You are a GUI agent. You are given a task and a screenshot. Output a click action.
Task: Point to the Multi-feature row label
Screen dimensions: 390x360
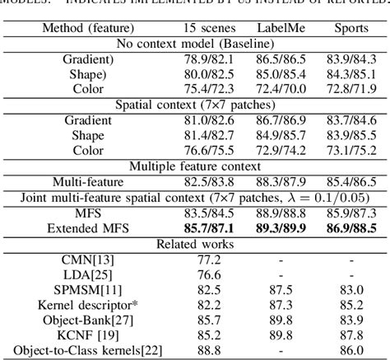coord(88,180)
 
